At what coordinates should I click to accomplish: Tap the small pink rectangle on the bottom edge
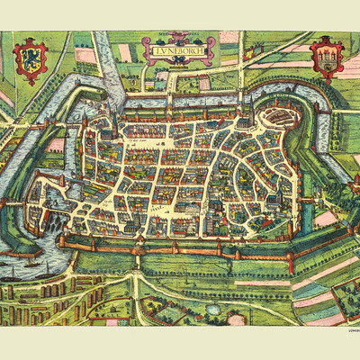(x=112, y=321)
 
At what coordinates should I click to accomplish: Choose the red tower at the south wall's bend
(x=289, y=255)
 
